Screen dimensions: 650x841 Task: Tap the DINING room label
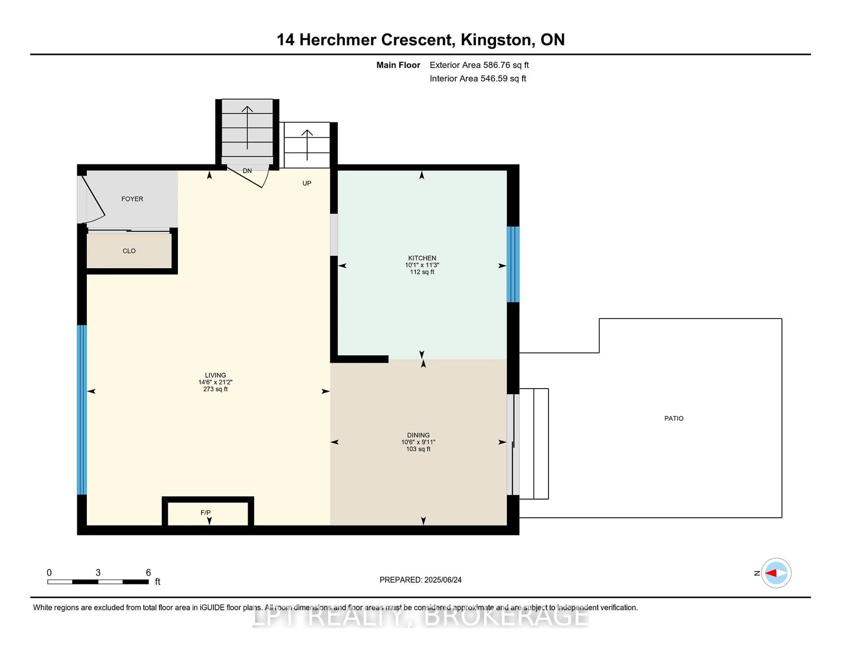tap(418, 435)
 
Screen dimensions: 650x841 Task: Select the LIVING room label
tap(215, 375)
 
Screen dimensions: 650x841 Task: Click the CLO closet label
tap(129, 251)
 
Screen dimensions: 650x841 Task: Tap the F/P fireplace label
tap(205, 512)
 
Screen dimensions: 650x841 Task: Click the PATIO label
tap(673, 418)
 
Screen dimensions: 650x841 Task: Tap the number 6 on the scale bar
tap(148, 573)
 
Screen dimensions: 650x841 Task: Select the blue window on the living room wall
tap(82, 410)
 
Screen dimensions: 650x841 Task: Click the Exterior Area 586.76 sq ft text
tap(479, 65)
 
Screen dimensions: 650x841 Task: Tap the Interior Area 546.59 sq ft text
tap(477, 79)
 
